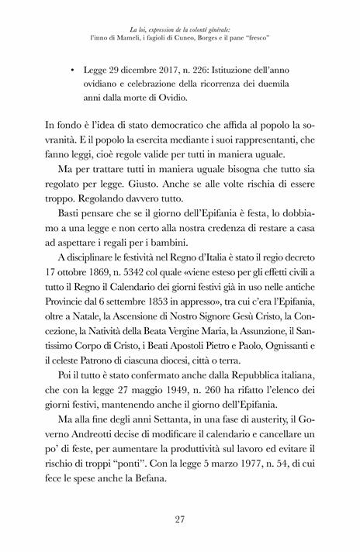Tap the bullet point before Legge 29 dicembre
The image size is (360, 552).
coord(72,71)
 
